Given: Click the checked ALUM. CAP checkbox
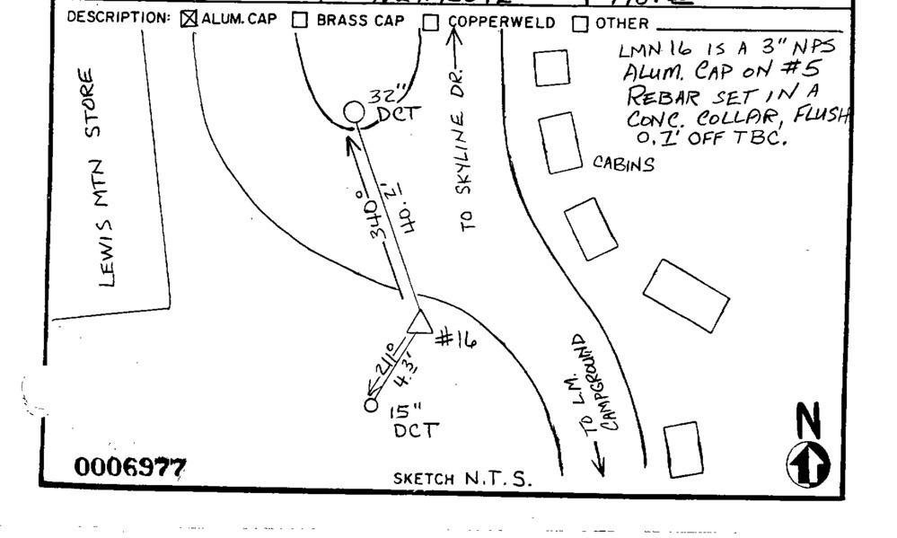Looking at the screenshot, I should (x=189, y=21).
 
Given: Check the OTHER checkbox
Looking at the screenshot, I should (x=580, y=22).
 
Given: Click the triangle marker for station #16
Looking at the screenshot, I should (x=418, y=322).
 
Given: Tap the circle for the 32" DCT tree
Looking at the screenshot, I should (x=355, y=112).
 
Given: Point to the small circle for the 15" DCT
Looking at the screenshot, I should (x=372, y=405).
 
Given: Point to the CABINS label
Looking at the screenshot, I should (x=623, y=163).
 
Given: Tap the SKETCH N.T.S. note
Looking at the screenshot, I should (x=462, y=479).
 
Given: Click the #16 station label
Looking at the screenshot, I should (x=455, y=340).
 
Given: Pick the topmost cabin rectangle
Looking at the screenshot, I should (x=551, y=68).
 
